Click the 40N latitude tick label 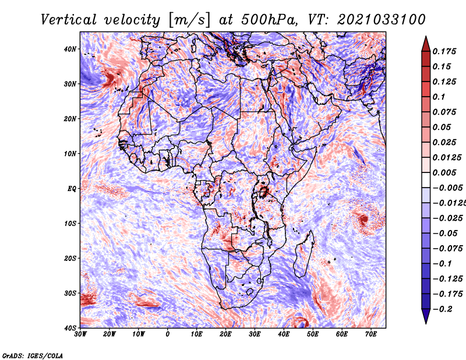(x=70, y=49)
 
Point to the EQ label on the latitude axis (x=71, y=188)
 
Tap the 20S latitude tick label (x=70, y=258)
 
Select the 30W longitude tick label (x=80, y=334)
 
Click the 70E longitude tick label (x=371, y=334)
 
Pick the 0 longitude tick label (x=168, y=334)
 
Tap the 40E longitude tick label (x=284, y=334)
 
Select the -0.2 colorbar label (x=444, y=309)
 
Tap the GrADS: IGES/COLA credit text (x=33, y=355)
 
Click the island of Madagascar (x=301, y=256)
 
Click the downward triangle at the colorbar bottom (x=425, y=317)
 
